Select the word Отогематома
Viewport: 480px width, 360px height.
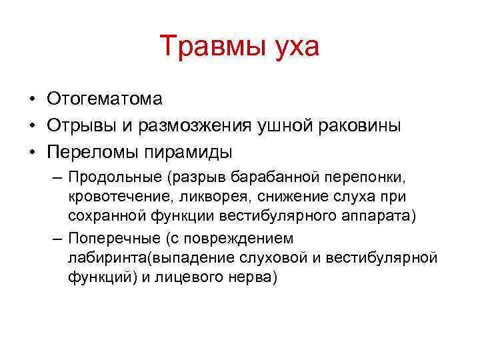105,99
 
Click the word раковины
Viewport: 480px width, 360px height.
363,126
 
